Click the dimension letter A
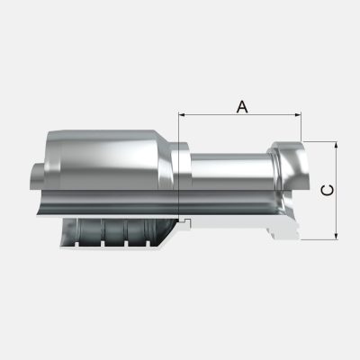[241, 106]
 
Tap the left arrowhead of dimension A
[183, 115]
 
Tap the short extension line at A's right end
[301, 126]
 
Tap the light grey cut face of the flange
[286, 228]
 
